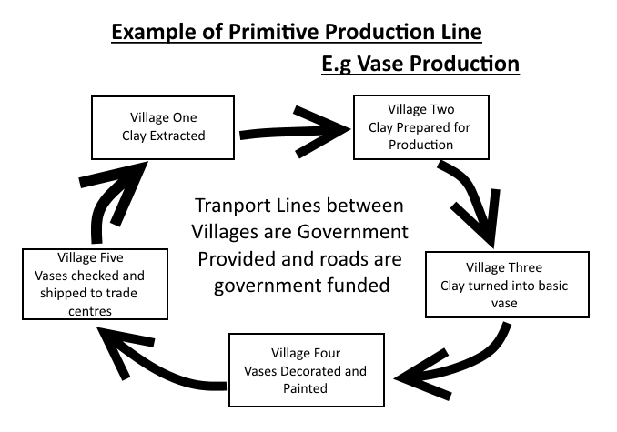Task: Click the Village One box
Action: [x=163, y=127]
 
